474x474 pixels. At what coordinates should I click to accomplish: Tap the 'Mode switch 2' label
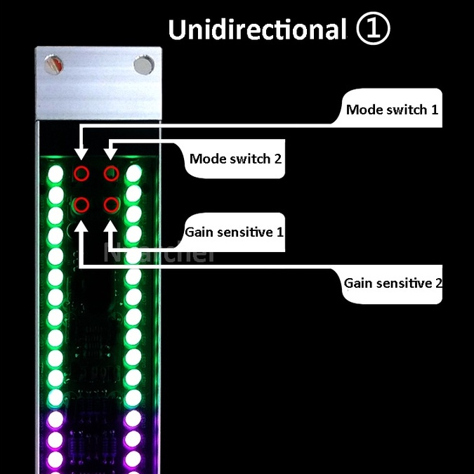235,159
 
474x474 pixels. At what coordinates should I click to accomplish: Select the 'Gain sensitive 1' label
235,231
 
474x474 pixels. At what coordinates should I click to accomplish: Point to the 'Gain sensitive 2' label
393,284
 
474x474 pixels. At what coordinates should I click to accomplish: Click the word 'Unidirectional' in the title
257,29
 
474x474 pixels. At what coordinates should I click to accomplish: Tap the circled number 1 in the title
373,29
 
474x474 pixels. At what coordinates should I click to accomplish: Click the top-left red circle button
82,173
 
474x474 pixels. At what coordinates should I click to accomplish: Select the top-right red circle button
111,173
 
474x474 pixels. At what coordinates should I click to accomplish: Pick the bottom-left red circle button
82,205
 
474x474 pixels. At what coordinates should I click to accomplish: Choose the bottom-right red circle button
111,205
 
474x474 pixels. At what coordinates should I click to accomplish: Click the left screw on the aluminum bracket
55,65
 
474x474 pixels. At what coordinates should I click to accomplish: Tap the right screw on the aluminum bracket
145,65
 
